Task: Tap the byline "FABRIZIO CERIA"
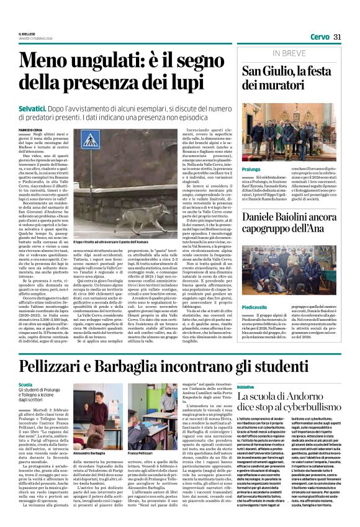coord(32,129)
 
